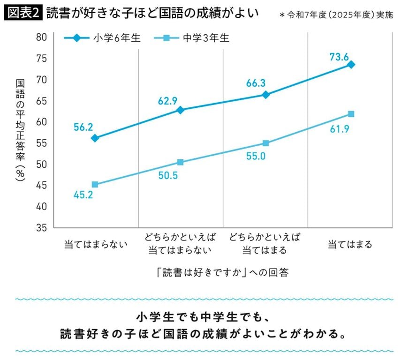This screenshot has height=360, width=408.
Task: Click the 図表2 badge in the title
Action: pos(23,13)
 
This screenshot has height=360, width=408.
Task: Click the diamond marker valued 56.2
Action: pos(95,138)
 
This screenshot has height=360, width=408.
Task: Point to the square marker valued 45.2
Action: pos(95,185)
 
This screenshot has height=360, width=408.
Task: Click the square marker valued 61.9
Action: pos(351,114)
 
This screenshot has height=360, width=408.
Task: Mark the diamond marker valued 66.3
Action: pos(266,95)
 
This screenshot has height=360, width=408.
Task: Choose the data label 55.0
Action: pos(256,157)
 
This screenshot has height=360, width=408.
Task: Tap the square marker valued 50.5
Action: pos(181,162)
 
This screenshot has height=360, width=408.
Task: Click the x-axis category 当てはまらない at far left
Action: pos(96,244)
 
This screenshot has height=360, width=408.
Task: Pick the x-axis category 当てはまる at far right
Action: pos(350,244)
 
